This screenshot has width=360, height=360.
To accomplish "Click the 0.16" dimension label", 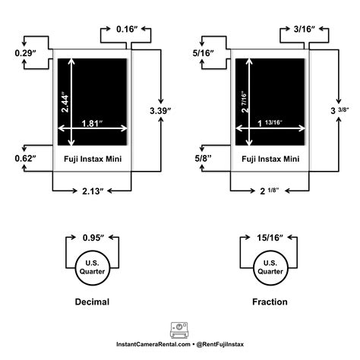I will pos(126,29).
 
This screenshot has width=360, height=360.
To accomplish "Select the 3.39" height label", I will pos(160,111).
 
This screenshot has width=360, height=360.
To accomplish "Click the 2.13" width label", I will pos(92,190).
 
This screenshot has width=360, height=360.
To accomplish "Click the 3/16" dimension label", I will pos(305,29).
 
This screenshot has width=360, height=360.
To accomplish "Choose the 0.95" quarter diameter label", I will pos(91,238).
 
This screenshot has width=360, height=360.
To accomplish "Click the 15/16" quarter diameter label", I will pos(270,238).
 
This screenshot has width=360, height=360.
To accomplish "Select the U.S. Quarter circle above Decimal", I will pos(91,267).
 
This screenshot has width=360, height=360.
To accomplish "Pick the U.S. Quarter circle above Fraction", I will pos(270,267).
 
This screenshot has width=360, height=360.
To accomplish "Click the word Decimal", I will pos(91,302).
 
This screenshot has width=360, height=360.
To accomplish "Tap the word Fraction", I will pos(270,302).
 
